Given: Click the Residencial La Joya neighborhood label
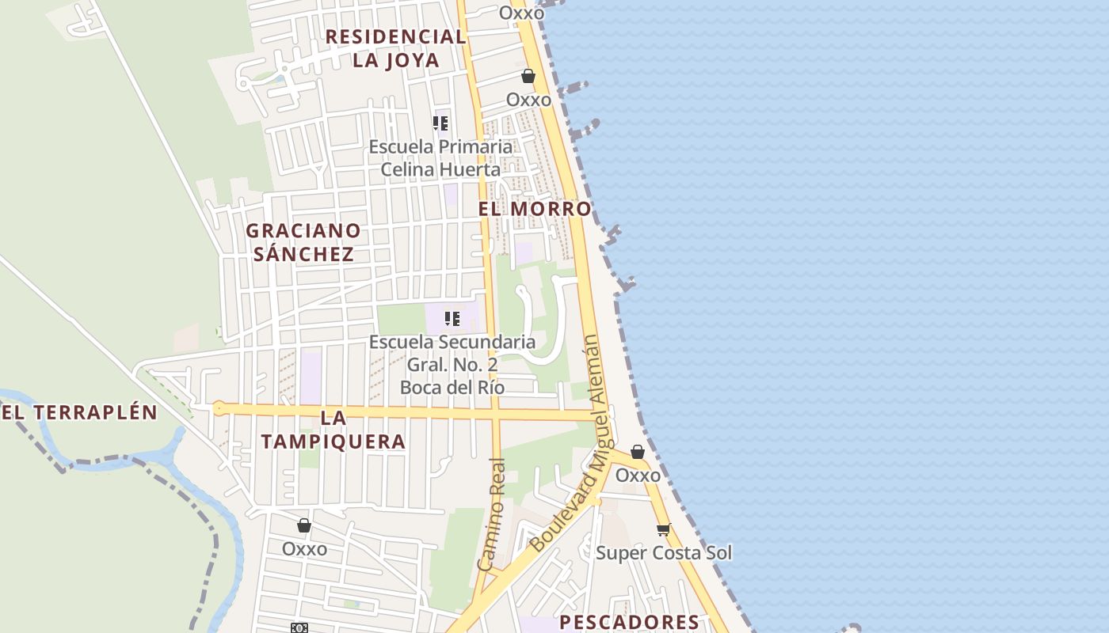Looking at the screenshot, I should pyautogui.click(x=395, y=48).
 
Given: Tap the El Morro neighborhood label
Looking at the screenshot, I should pyautogui.click(x=535, y=209).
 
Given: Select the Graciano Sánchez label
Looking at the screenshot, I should pyautogui.click(x=303, y=242).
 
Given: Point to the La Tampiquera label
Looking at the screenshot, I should pyautogui.click(x=333, y=430).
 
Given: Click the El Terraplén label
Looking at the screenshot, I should pyautogui.click(x=79, y=412).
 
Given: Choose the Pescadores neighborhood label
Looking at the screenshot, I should pyautogui.click(x=630, y=622).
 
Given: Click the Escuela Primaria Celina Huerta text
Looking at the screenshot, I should pyautogui.click(x=440, y=158).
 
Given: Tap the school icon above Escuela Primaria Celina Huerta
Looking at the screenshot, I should pyautogui.click(x=440, y=123).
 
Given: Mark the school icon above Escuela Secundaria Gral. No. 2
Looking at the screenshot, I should pyautogui.click(x=452, y=319).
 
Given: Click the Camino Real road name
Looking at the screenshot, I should pyautogui.click(x=492, y=514).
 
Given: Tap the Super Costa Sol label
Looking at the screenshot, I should pyautogui.click(x=664, y=552).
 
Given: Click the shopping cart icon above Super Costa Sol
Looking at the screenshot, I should pyautogui.click(x=663, y=529).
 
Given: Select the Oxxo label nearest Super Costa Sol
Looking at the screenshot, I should pyautogui.click(x=638, y=476).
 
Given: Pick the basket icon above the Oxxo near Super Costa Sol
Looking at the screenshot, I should pyautogui.click(x=638, y=452).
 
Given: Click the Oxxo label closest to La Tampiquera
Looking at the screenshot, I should pyautogui.click(x=304, y=548).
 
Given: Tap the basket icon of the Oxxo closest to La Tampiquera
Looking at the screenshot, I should pyautogui.click(x=304, y=525).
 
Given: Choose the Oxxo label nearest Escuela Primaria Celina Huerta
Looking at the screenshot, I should pyautogui.click(x=528, y=100).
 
